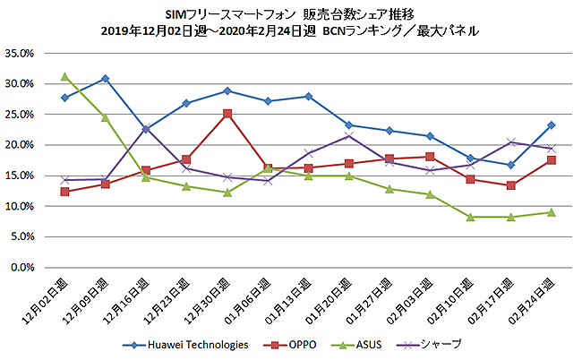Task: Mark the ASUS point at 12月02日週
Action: pos(64,76)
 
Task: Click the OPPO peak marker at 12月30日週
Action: pos(227,114)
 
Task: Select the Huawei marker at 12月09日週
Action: pos(105,79)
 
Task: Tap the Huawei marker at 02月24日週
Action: pos(552,125)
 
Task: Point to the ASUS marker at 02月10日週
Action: pos(470,217)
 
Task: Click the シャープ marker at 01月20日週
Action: pos(348,135)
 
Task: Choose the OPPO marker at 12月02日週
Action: pos(64,192)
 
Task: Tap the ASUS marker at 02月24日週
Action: pos(552,212)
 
